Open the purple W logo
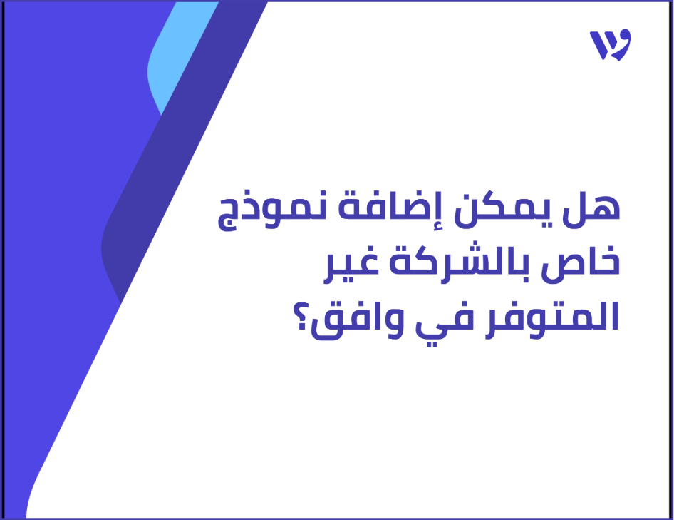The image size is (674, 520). pos(610,45)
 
